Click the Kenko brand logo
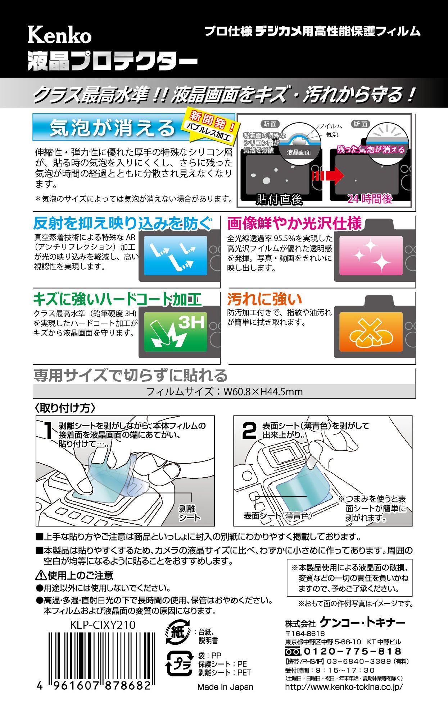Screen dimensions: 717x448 60,36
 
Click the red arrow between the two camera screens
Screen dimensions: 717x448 328,175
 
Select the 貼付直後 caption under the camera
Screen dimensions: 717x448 279,199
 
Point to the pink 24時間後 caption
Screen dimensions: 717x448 370,199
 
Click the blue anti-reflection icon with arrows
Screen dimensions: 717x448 175,255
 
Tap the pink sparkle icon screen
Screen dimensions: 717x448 371,255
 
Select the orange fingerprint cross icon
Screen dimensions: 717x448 371,331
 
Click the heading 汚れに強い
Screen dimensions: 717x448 264,299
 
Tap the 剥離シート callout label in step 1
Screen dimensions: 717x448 188,513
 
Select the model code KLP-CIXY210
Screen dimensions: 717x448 103,625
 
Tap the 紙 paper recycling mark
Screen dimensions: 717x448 178,632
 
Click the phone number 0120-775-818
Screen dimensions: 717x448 352,651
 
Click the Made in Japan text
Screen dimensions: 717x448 225,687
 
